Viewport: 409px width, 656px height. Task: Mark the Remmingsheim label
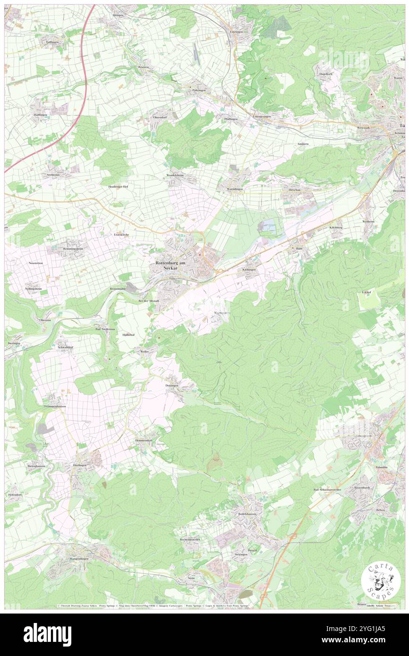(x=73, y=248)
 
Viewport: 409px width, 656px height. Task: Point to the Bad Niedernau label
(x=105, y=328)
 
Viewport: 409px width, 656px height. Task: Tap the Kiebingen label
(x=249, y=269)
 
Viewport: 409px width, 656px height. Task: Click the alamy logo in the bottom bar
(x=47, y=634)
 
